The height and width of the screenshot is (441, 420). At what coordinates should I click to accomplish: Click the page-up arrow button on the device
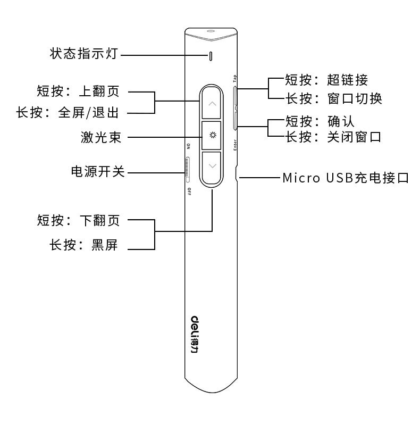tap(212, 103)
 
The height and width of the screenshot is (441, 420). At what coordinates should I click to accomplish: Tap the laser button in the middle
tap(212, 135)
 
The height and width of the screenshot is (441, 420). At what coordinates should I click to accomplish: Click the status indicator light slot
tap(212, 55)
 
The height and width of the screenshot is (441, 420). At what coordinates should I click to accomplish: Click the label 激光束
tap(101, 137)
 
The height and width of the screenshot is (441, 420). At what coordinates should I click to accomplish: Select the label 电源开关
tap(98, 172)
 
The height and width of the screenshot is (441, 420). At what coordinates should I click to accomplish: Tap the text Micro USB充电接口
tap(346, 178)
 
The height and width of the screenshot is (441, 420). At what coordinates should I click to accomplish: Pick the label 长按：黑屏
tap(84, 246)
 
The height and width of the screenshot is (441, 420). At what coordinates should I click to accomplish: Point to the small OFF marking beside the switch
tap(188, 192)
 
